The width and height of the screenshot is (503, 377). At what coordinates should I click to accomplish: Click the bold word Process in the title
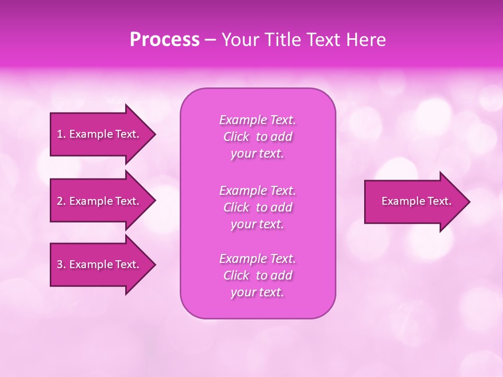click(165, 39)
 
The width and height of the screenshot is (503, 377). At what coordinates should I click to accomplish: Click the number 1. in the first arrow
click(61, 134)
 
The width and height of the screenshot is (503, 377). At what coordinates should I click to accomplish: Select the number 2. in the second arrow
click(61, 201)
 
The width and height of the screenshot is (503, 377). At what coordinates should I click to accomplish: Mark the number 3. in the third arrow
click(61, 264)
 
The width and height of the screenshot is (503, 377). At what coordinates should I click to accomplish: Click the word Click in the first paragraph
click(236, 137)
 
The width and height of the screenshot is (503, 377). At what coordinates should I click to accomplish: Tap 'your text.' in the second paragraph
click(257, 224)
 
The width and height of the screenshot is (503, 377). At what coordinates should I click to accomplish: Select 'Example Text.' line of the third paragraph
click(257, 258)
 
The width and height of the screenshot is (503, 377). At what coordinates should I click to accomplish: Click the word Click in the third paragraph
click(236, 275)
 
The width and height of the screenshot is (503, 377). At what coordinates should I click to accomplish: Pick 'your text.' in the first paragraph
click(257, 153)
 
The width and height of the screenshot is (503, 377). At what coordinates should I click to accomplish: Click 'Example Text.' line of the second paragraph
click(257, 190)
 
